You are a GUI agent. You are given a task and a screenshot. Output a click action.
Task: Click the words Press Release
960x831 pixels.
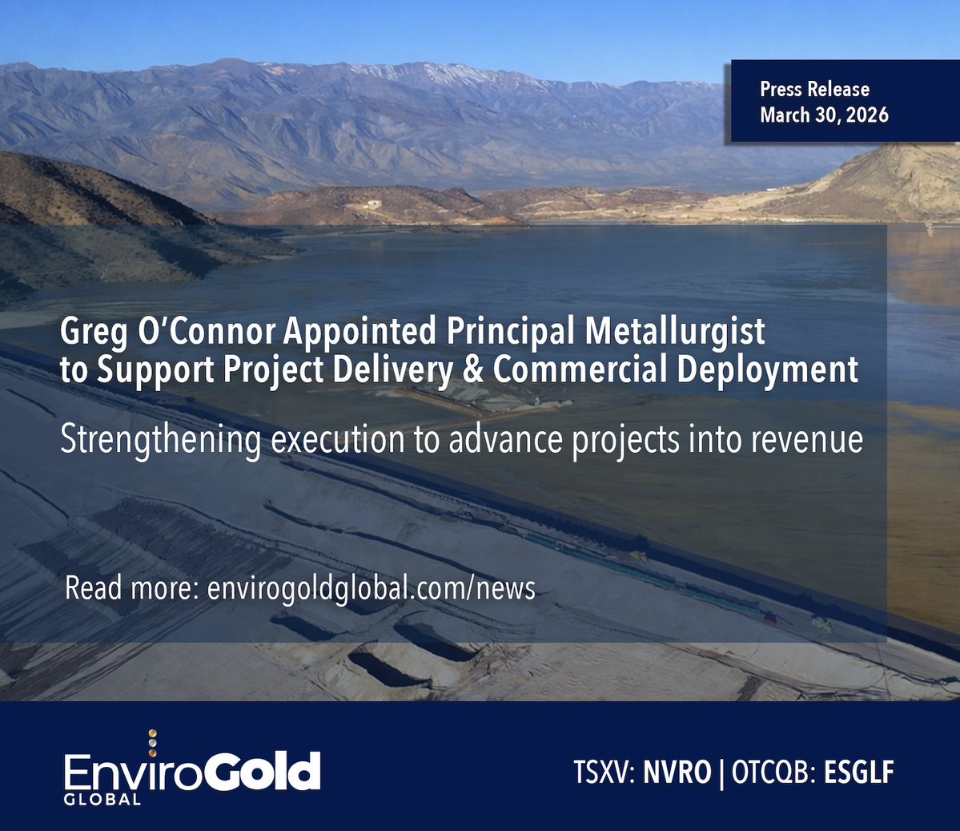point(814,89)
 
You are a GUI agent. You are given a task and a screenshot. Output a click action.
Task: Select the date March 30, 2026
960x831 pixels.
point(824,115)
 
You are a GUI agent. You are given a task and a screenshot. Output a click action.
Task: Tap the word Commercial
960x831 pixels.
point(580,369)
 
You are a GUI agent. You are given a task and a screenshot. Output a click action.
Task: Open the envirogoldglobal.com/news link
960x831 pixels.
point(371,588)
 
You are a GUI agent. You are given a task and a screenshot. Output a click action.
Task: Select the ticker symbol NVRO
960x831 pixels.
point(677,773)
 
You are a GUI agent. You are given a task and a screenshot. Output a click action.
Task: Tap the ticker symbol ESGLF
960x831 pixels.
point(858,773)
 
